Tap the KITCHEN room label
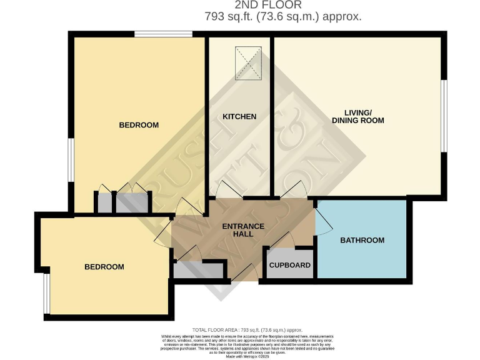(x=240, y=116)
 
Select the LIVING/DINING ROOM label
(x=357, y=116)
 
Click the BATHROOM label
(x=362, y=240)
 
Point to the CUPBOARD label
(x=289, y=265)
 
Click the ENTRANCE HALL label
(x=244, y=230)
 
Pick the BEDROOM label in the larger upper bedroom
(x=139, y=125)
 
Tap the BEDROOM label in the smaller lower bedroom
(x=104, y=267)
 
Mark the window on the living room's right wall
(x=444, y=116)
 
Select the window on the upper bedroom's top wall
(x=163, y=34)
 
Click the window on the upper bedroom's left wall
(x=71, y=161)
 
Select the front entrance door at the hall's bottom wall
(x=245, y=272)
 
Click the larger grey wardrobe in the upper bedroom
(x=132, y=201)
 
